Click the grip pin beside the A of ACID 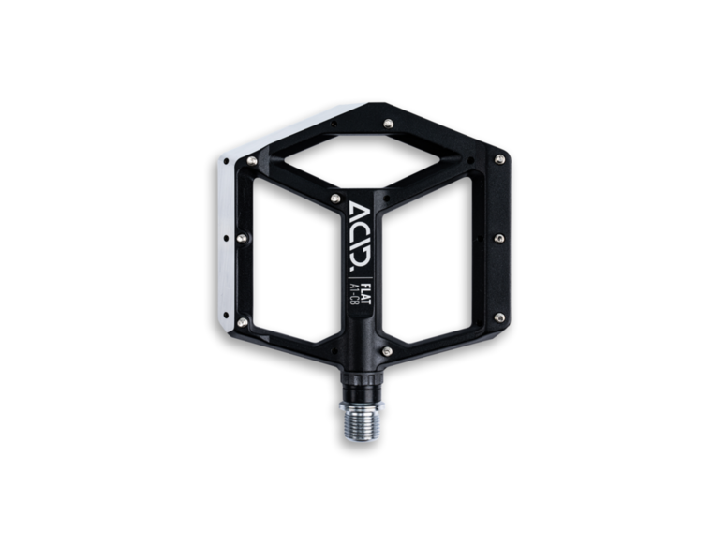335,199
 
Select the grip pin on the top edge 388,123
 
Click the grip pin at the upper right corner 499,159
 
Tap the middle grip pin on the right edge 498,238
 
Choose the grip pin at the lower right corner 498,317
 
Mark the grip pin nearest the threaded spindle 387,351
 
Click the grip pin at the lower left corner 242,322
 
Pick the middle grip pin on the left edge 242,239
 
